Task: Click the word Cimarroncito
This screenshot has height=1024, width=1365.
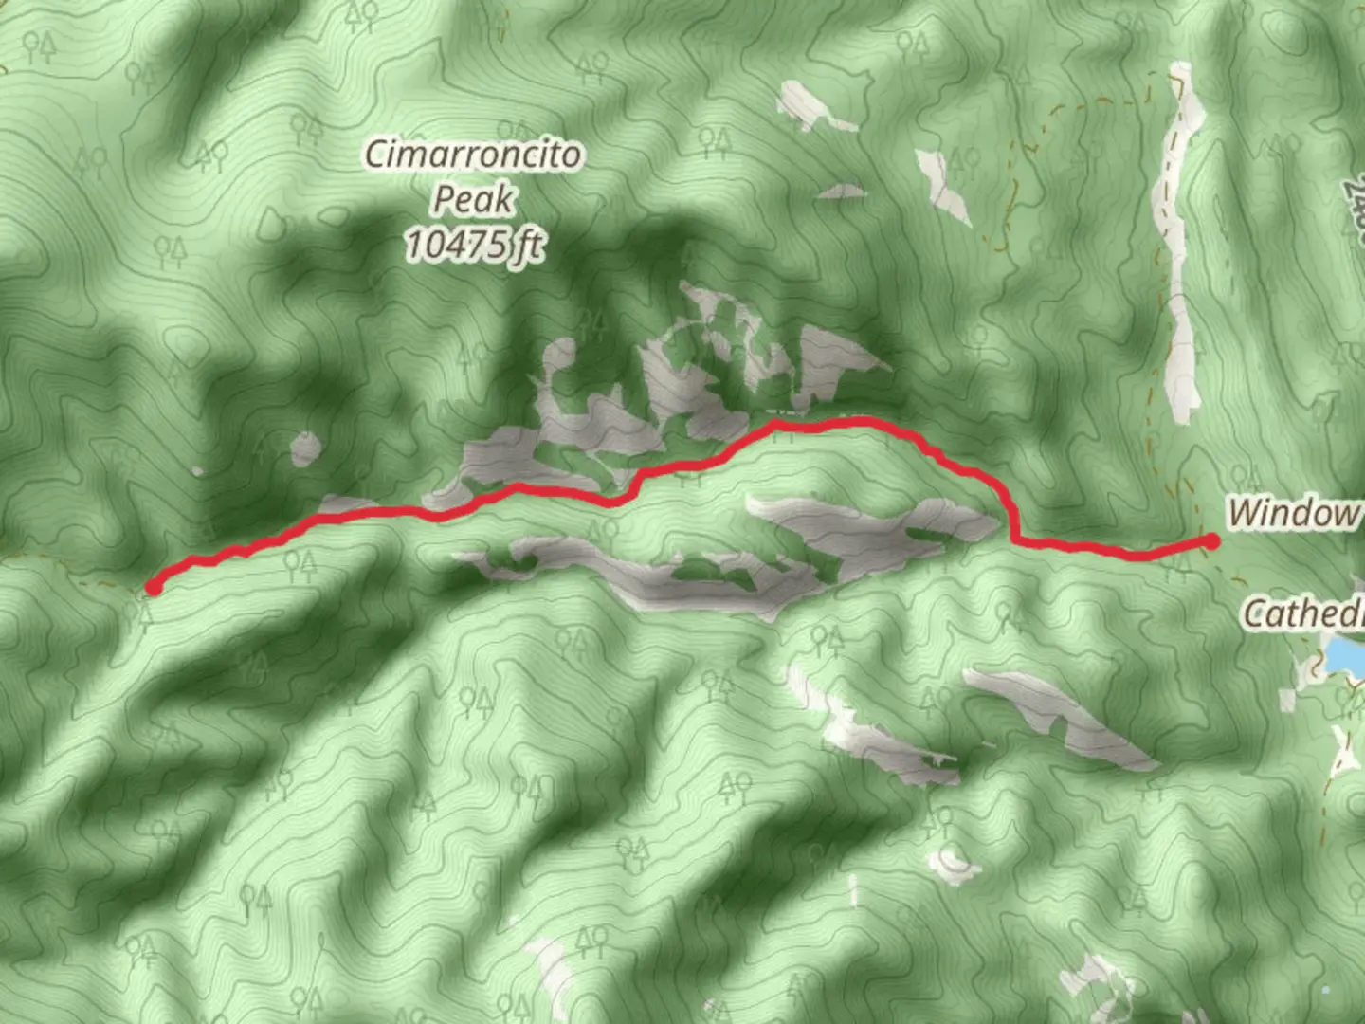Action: [x=473, y=155]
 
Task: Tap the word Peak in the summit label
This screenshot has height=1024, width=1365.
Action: [x=473, y=199]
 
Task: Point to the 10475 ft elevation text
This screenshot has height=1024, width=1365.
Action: [x=475, y=245]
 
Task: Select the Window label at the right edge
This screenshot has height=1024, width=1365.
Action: [x=1293, y=513]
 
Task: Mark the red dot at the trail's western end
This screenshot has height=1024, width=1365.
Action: [x=153, y=588]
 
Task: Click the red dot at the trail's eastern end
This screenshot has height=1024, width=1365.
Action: [x=1211, y=541]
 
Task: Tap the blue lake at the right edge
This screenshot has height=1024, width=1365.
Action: [x=1344, y=655]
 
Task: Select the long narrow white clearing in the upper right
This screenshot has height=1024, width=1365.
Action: [x=1178, y=247]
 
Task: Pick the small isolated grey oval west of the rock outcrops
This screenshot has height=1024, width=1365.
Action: [x=305, y=448]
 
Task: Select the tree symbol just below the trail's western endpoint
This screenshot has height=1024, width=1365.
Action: [x=140, y=617]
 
